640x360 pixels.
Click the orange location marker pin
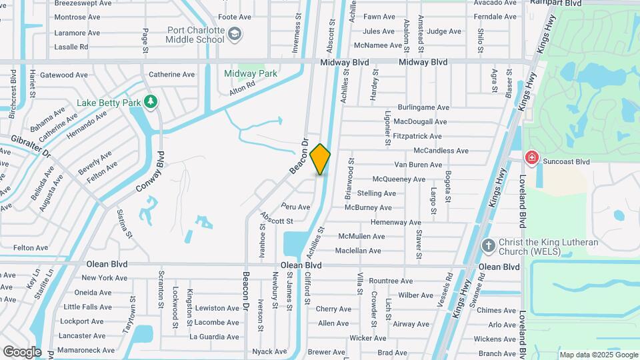320,159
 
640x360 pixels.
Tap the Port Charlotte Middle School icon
235,34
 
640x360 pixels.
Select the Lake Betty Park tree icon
151,101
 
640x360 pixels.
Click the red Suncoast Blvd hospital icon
531,158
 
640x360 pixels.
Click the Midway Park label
250,73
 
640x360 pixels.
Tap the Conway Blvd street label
150,172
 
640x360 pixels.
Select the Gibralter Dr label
31,145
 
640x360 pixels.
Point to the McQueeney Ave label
399,179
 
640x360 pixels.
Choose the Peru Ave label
295,207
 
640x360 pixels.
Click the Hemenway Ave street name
396,222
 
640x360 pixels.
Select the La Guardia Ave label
214,337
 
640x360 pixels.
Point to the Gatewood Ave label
64,75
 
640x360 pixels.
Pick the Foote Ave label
235,17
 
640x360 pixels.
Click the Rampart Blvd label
556,3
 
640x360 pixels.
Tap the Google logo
22,352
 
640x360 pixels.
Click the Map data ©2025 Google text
597,355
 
